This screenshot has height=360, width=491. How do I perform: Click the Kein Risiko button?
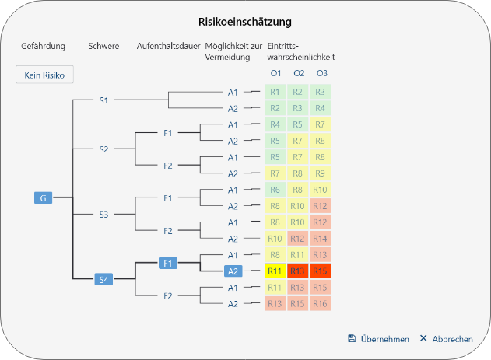45,75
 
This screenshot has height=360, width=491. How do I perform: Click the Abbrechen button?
446,339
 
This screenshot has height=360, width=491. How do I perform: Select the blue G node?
43,198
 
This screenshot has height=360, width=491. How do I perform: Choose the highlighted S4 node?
103,279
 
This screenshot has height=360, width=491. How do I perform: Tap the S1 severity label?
103,100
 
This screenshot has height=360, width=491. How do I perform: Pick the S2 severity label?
103,149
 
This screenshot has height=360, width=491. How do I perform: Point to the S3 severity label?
103,215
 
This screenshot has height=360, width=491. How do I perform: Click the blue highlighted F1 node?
167,264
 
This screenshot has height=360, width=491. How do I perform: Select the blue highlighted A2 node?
233,271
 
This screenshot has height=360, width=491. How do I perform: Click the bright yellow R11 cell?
275,271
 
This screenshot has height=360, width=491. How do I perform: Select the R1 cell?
275,92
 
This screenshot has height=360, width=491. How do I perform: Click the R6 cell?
275,190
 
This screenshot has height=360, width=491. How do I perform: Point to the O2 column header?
299,73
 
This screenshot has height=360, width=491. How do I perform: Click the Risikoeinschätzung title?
245,21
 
